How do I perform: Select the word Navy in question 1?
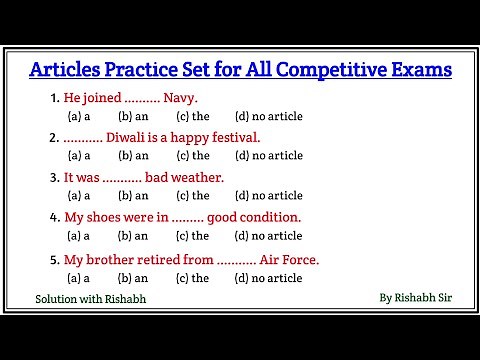[x=180, y=99]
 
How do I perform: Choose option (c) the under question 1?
[x=193, y=117]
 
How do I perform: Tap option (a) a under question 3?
[x=78, y=196]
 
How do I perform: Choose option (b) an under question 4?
[x=133, y=237]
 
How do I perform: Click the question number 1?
[x=53, y=99]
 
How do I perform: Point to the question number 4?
[x=53, y=217]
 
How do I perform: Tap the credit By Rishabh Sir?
[x=416, y=297]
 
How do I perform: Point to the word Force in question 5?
[x=299, y=259]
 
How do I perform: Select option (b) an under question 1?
[x=133, y=117]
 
